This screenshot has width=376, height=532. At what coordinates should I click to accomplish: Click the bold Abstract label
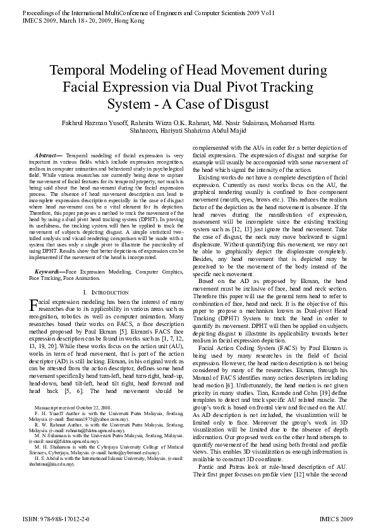(48, 154)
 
